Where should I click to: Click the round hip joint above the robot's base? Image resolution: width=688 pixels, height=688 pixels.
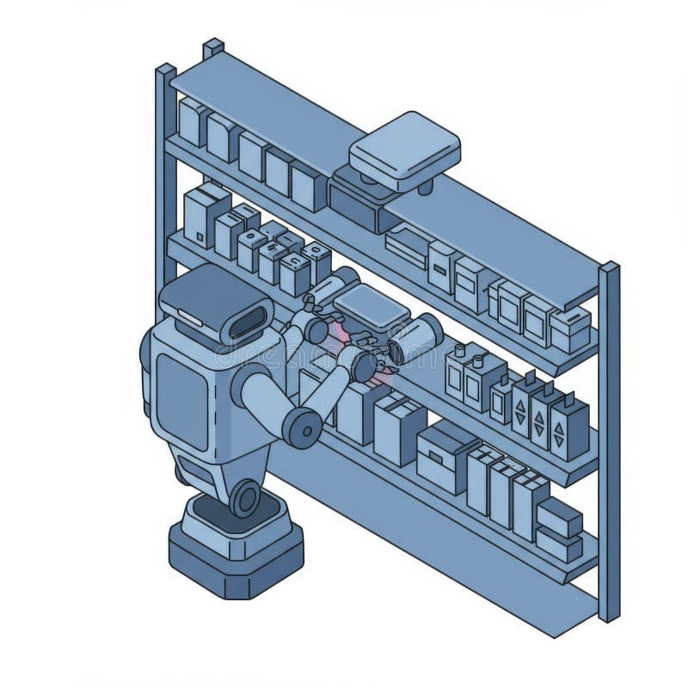[244, 498]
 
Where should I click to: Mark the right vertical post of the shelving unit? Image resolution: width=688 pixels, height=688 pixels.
[609, 439]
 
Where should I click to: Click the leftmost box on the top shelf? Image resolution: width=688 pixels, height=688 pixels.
[191, 121]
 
